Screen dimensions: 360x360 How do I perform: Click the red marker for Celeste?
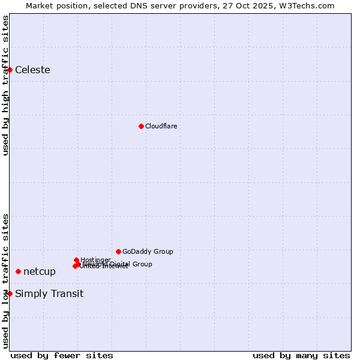tap(10, 70)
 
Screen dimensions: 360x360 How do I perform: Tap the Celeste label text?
tap(32, 70)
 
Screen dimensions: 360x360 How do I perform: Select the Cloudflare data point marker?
tap(141, 126)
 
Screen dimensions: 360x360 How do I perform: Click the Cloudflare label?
tap(161, 126)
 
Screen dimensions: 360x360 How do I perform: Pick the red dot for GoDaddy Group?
tap(118, 251)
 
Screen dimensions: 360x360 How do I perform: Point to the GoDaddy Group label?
tap(148, 251)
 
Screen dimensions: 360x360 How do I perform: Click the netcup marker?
tap(18, 272)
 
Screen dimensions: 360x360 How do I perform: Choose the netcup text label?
tap(40, 272)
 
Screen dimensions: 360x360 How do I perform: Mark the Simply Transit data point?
tap(10, 293)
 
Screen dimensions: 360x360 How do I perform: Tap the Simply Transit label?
tap(49, 294)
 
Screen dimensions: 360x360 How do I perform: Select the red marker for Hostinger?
tap(76, 260)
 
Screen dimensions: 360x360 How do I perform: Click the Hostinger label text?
tap(95, 260)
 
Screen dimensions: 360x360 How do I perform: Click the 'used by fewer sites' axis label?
tap(62, 355)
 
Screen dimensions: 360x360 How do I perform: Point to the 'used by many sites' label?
tap(301, 355)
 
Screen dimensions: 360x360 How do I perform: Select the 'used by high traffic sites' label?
tap(5, 85)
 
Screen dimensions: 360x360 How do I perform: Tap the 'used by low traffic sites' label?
tap(5, 281)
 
